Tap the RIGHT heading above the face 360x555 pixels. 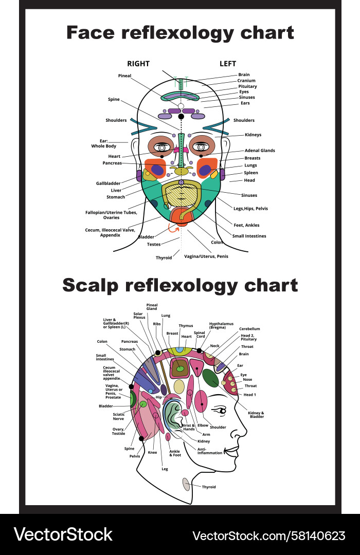tap(138, 64)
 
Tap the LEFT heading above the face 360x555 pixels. tap(228, 64)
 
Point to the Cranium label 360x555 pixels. tap(246, 81)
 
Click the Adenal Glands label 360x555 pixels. tap(260, 151)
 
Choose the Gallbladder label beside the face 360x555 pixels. tap(108, 183)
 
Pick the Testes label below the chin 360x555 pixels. tap(154, 244)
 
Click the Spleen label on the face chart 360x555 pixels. tap(251, 173)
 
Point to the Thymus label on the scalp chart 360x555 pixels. tap(186, 325)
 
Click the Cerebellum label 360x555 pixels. tap(249, 328)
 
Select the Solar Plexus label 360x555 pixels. tap(139, 316)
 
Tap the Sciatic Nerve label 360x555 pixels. tap(119, 416)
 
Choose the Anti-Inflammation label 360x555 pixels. tap(210, 451)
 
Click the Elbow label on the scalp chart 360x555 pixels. tap(203, 425)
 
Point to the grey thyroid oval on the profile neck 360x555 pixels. tap(186, 484)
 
